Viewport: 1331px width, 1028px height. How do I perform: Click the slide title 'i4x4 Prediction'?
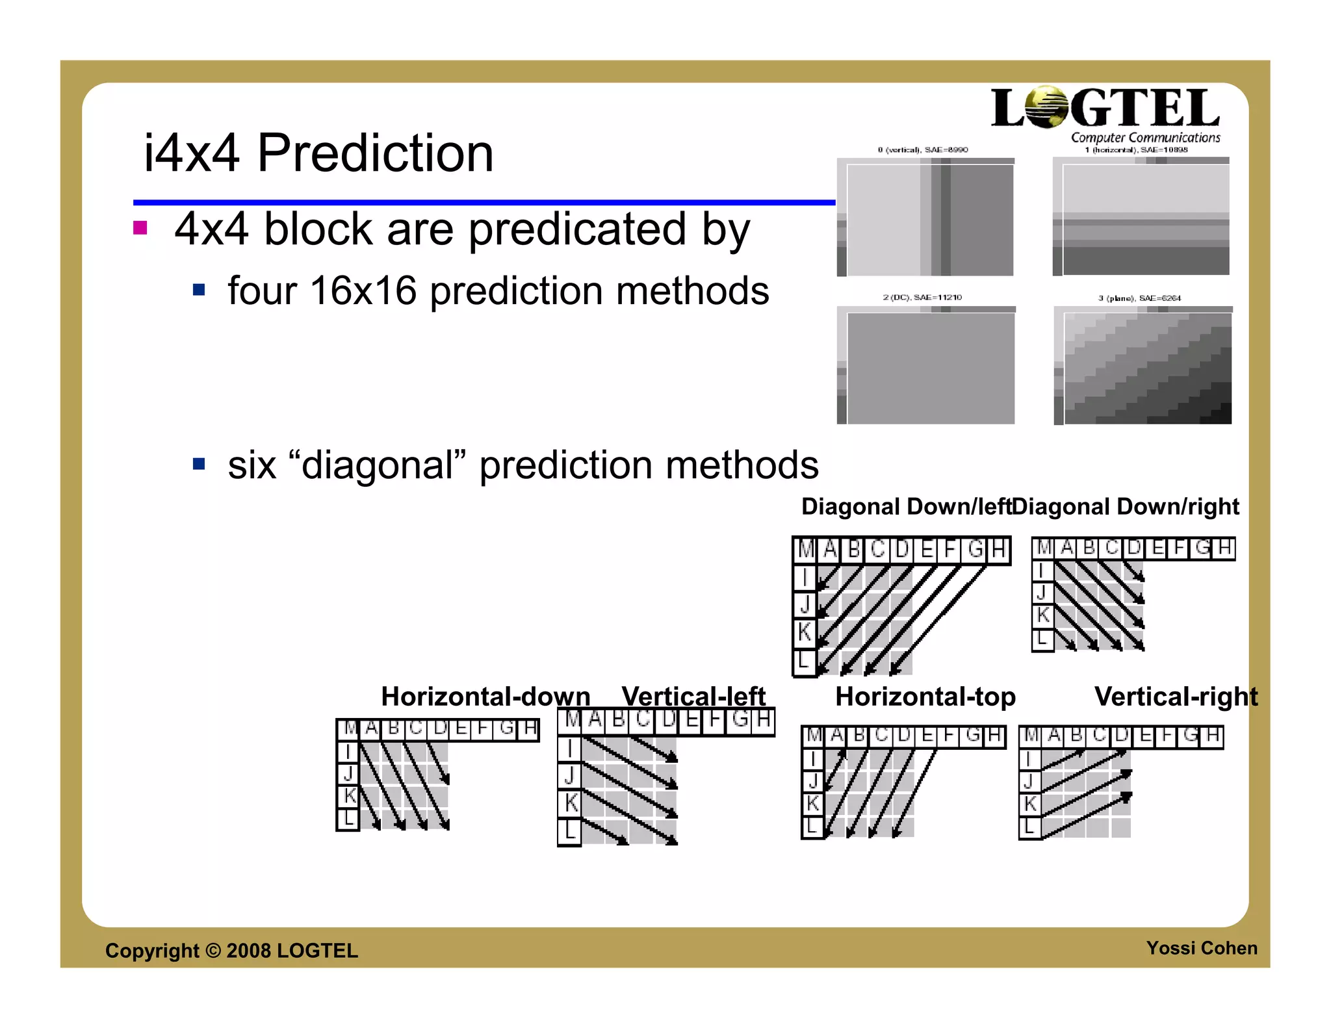point(318,153)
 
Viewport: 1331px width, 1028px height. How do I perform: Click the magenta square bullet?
point(140,227)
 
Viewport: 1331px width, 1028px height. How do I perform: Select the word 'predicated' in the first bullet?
point(577,229)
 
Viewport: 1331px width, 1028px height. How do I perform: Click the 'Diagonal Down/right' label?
point(1126,506)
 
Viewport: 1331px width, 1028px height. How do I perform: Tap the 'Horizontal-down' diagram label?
point(485,697)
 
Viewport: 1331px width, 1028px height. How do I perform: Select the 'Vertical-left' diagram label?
point(693,697)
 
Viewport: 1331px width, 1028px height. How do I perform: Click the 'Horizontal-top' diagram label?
point(925,697)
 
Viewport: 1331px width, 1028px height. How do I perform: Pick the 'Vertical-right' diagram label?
point(1176,697)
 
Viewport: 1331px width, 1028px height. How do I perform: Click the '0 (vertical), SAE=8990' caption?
point(922,150)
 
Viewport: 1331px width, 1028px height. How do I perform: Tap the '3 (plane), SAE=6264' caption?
point(1139,298)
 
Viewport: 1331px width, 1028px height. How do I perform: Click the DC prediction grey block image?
point(930,368)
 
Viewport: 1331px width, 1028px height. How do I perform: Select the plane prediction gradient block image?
point(1147,368)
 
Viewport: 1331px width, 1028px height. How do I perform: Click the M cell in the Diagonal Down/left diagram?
point(806,550)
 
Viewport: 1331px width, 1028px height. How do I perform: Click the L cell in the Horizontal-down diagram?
point(348,819)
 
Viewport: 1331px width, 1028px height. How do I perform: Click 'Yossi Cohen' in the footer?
point(1202,948)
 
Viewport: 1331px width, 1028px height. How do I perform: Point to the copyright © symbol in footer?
point(213,951)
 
